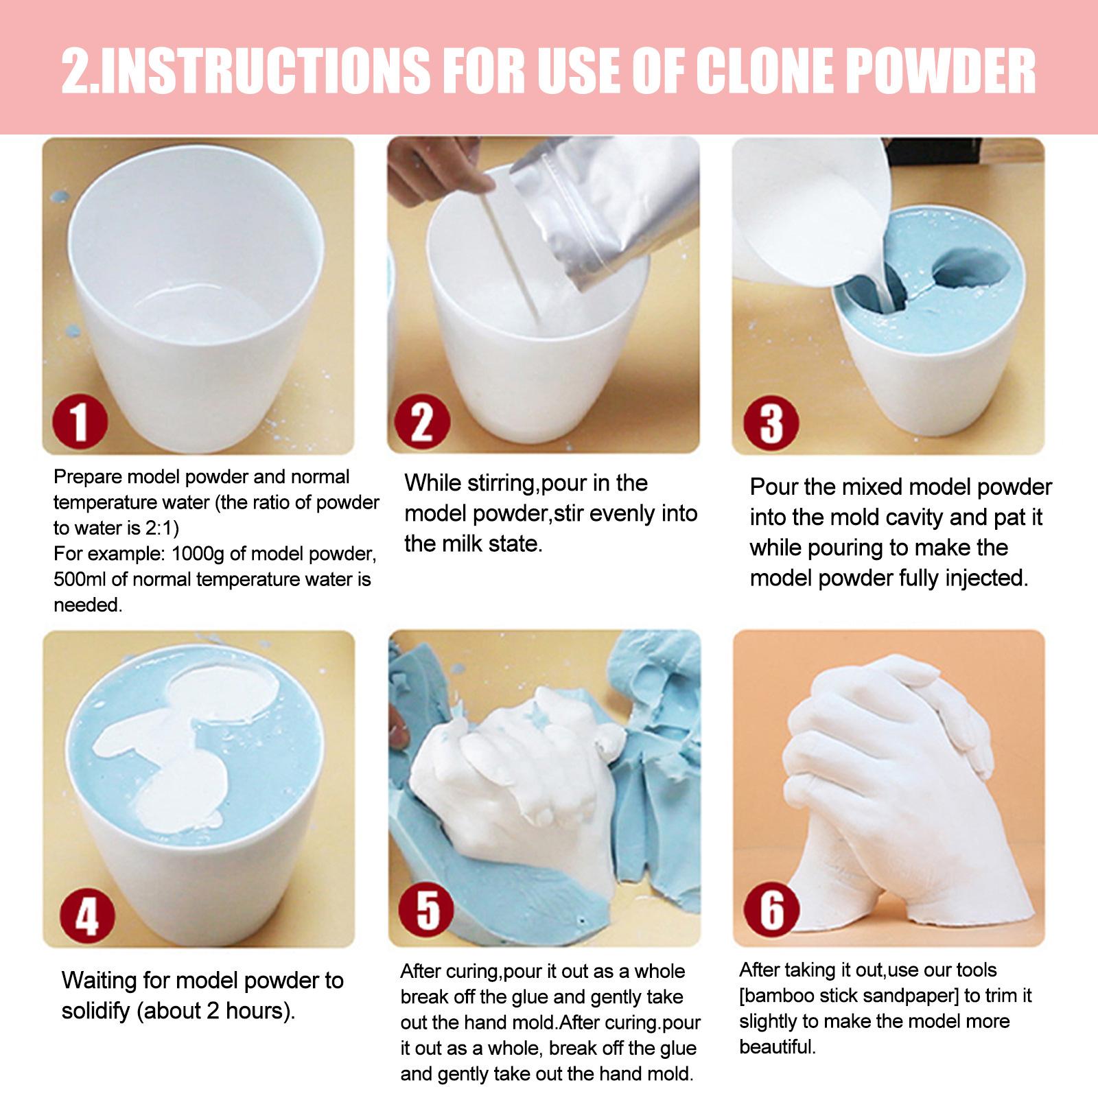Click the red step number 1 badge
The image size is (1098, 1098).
click(x=81, y=421)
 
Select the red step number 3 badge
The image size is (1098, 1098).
click(x=771, y=421)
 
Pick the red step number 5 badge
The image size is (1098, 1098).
click(x=428, y=910)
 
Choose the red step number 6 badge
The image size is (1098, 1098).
click(x=772, y=909)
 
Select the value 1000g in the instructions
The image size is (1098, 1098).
click(x=195, y=553)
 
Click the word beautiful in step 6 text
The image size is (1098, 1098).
click(x=778, y=1047)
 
